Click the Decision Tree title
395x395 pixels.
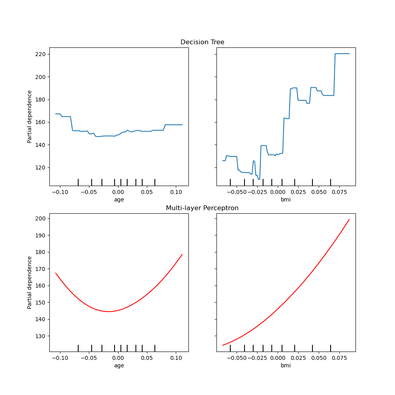pos(202,42)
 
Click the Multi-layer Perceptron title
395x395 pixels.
pos(202,208)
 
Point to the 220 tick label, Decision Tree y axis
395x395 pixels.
pos(41,54)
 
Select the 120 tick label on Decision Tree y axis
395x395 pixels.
pos(41,167)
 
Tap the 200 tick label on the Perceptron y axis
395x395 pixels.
pos(41,218)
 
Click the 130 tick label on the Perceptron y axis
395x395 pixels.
pos(41,336)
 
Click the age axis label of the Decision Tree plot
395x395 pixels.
pos(119,199)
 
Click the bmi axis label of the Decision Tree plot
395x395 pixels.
pos(286,199)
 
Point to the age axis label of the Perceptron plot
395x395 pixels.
pos(119,365)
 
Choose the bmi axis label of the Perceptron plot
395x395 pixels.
pos(286,365)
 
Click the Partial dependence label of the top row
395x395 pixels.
pos(30,117)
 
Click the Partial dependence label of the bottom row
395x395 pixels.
pos(30,282)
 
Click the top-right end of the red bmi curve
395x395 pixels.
pos(349,220)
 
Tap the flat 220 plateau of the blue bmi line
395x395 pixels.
pos(342,54)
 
